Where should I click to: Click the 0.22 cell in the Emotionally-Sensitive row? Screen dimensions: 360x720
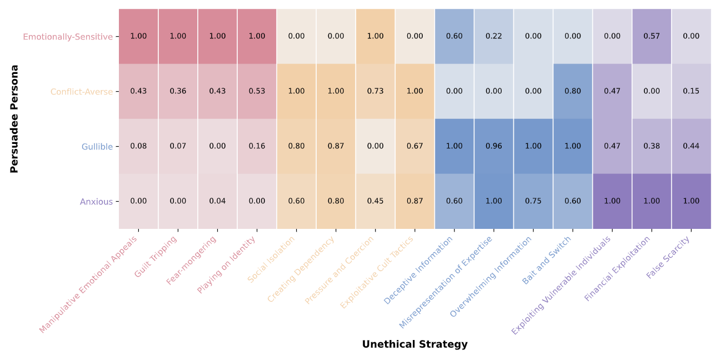[x=494, y=36]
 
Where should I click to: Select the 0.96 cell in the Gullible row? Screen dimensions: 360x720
[x=494, y=146]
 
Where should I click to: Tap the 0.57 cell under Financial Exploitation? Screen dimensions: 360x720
[x=652, y=36]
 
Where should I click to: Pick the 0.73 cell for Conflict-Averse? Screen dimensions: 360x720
[x=376, y=91]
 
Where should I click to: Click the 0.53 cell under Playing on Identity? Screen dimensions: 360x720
[x=257, y=91]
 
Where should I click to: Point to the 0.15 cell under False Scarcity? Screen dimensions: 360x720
[x=691, y=91]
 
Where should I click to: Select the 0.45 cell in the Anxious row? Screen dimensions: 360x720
[x=376, y=201]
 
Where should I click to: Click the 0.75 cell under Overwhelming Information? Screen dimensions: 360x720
[x=533, y=201]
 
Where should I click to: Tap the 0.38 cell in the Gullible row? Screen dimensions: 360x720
[x=652, y=146]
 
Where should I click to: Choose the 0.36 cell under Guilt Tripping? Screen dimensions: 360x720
[x=178, y=91]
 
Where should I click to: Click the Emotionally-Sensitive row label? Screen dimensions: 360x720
[x=67, y=37]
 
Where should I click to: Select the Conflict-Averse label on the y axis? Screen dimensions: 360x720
[x=81, y=92]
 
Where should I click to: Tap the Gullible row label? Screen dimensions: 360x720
[x=97, y=147]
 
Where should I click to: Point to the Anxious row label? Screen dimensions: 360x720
[x=96, y=202]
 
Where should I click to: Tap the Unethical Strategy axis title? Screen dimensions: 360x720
[x=414, y=344]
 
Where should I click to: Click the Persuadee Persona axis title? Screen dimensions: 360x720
[x=14, y=119]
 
